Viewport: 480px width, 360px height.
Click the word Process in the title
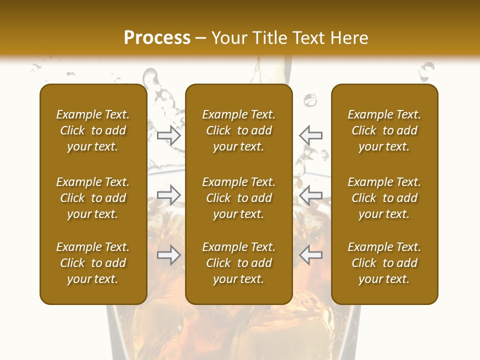[157, 38]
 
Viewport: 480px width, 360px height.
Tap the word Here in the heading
[348, 38]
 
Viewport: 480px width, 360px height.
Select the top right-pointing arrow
[169, 135]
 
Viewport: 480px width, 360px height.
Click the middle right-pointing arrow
[169, 195]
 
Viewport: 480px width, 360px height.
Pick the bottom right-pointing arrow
[169, 255]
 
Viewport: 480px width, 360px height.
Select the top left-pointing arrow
[311, 135]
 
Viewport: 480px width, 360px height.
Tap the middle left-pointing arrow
[311, 195]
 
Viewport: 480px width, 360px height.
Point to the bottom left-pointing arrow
[311, 255]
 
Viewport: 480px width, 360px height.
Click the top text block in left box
[93, 130]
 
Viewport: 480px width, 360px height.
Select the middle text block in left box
[93, 198]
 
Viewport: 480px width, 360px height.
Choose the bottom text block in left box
[93, 263]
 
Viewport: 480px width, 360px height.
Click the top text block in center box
[238, 130]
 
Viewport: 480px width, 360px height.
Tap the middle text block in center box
[238, 198]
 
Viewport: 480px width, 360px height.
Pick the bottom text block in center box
[238, 263]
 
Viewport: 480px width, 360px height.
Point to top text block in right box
[384, 130]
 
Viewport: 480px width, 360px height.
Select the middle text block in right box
[384, 198]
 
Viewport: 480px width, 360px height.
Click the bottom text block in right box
[384, 263]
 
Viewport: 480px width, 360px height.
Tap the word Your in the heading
[229, 38]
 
